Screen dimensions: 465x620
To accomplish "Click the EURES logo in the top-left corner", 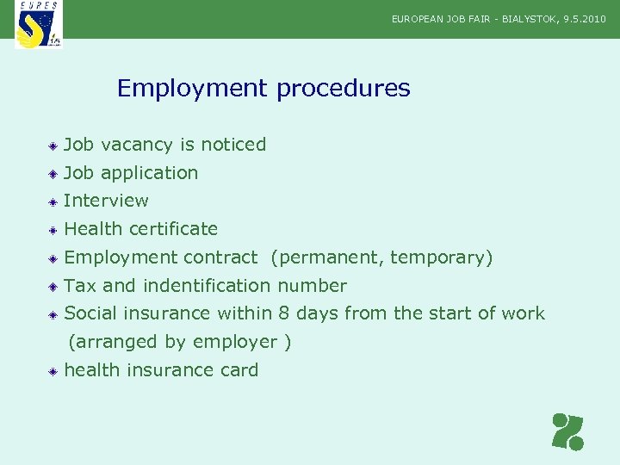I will pos(39,24).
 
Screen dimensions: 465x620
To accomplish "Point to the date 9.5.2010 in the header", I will pos(585,18).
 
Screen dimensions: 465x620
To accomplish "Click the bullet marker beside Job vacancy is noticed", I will pos(53,146).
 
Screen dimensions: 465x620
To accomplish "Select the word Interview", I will pos(106,201).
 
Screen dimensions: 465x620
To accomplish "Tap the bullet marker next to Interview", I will pos(53,201).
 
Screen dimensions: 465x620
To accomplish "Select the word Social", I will pos(90,313).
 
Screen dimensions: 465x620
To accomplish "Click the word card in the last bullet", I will pos(240,370).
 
